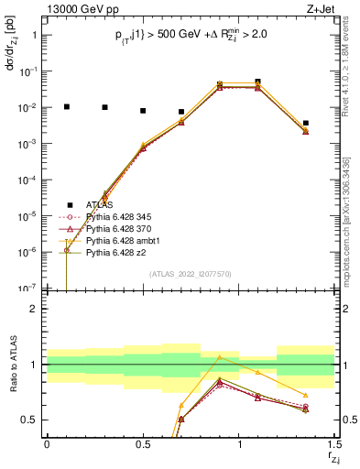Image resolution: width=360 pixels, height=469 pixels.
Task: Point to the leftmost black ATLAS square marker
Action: [66, 106]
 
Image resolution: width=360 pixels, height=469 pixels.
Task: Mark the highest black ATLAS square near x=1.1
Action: [257, 82]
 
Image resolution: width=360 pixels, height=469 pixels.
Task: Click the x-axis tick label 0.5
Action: [142, 444]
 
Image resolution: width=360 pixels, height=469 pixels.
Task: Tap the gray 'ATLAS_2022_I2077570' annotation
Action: [189, 273]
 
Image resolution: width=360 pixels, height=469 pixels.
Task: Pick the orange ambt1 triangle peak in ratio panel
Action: [219, 357]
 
